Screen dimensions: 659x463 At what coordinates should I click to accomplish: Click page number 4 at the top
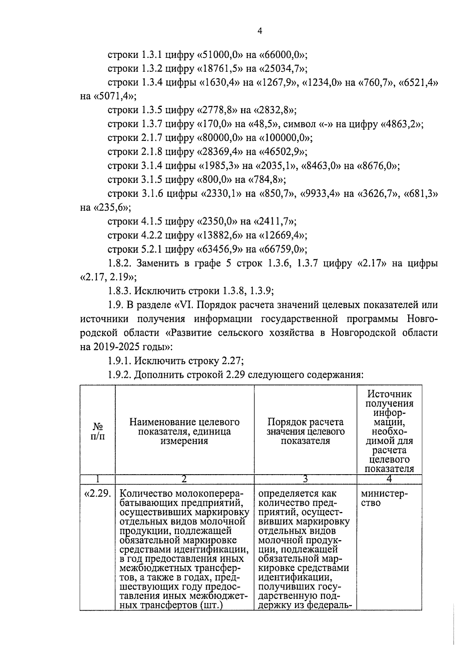(259, 31)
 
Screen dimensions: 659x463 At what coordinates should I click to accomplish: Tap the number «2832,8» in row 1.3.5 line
(272, 110)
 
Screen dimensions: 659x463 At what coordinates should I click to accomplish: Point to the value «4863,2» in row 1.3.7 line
(402, 124)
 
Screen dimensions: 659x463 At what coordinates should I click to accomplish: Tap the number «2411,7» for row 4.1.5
(272, 221)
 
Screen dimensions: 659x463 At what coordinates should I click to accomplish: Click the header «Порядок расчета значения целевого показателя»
(305, 431)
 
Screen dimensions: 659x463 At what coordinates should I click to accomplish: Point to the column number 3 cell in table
(305, 479)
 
